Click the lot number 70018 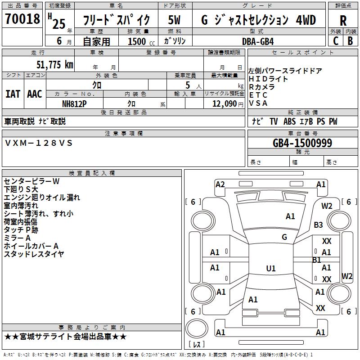[x=22, y=19]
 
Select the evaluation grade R [x=343, y=20]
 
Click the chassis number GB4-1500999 [x=302, y=143]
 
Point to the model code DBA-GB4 [x=258, y=41]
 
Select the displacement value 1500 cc [x=140, y=41]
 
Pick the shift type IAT [x=13, y=94]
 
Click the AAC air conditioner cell [x=35, y=94]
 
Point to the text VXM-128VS [x=38, y=143]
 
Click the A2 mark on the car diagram [x=220, y=184]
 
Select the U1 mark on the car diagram [x=270, y=269]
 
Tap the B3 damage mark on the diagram [x=319, y=225]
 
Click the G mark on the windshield [x=284, y=237]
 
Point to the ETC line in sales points [x=258, y=95]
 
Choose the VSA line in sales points [x=258, y=103]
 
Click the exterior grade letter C [x=335, y=41]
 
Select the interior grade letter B [x=351, y=41]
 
